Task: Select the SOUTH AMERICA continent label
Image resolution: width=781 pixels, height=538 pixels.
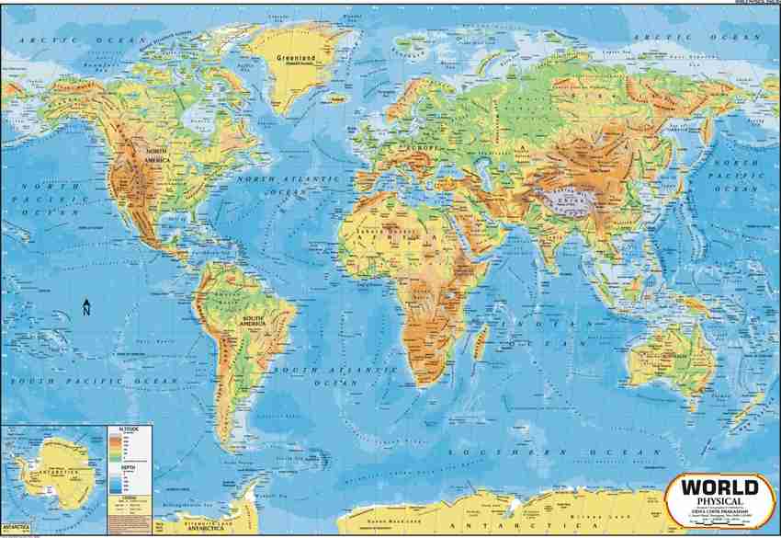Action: point(253,321)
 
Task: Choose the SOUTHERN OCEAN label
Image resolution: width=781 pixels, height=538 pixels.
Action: point(551,452)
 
